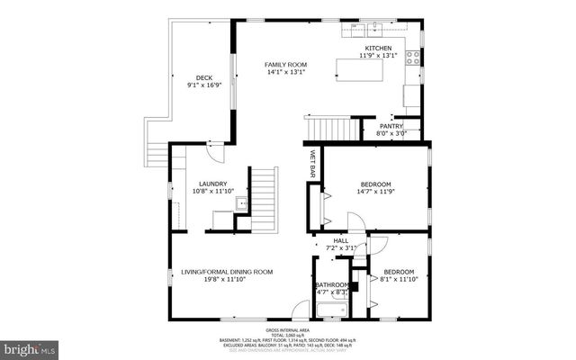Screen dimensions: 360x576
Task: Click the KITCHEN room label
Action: click(x=377, y=48)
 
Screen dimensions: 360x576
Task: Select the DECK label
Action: click(x=203, y=77)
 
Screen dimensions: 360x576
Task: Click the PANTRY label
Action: click(x=391, y=126)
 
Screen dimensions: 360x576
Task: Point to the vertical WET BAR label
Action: click(x=313, y=163)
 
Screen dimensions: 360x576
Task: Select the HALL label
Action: click(x=341, y=240)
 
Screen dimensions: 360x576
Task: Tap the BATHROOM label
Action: click(x=331, y=285)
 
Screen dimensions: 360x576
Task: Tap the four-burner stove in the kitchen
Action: click(x=413, y=58)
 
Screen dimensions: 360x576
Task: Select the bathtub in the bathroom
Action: click(x=330, y=311)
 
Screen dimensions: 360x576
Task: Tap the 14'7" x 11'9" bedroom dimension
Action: click(x=375, y=192)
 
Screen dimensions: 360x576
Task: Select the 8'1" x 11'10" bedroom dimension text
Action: click(x=399, y=279)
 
